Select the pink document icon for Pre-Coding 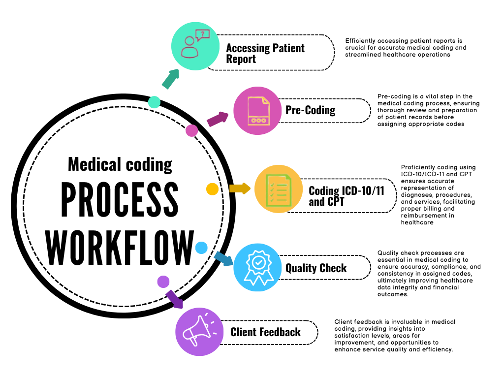[x=257, y=111]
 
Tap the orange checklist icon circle [x=278, y=189]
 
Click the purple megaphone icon [x=199, y=331]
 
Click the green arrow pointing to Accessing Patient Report [x=170, y=79]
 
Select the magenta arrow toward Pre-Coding [x=218, y=119]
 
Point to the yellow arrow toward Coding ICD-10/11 [x=240, y=188]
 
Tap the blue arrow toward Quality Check [x=223, y=258]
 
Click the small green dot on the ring [x=154, y=102]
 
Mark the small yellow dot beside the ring [x=212, y=189]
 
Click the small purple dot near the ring [x=163, y=282]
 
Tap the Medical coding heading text [x=120, y=164]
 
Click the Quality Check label [x=316, y=268]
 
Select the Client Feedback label [x=265, y=332]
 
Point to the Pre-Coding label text [x=310, y=110]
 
